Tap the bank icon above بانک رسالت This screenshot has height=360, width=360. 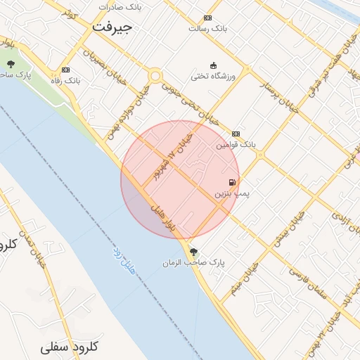pos(207,18)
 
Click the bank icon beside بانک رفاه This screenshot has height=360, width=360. pos(65,70)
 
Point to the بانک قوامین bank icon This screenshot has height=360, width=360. pos(236,134)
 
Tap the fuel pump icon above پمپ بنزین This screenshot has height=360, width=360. pos(232,181)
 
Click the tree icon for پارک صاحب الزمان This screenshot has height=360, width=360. pos(193,252)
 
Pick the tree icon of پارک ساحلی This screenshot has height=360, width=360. pos(11,64)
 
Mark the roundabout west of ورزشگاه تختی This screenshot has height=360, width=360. pos(155,76)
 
